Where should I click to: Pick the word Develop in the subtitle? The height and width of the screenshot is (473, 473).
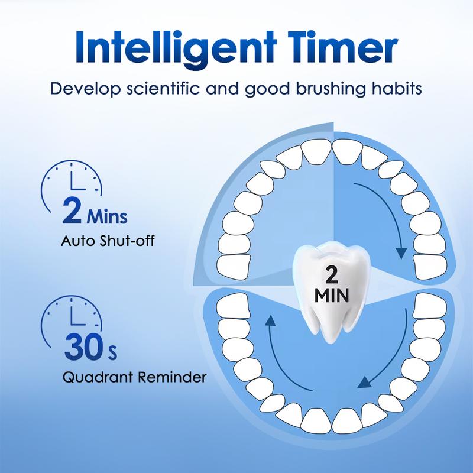click(x=79, y=90)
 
